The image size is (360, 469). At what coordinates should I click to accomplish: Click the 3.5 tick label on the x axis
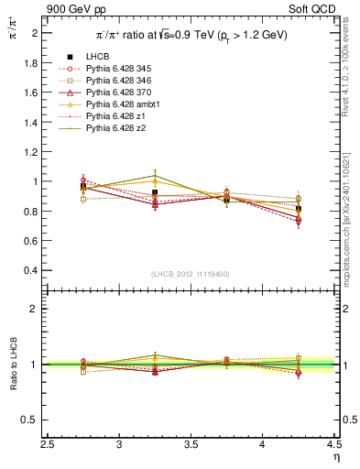click(x=191, y=445)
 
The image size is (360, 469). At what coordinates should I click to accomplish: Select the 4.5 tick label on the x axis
click(x=333, y=445)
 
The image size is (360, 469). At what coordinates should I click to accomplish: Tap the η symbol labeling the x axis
click(x=335, y=457)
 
